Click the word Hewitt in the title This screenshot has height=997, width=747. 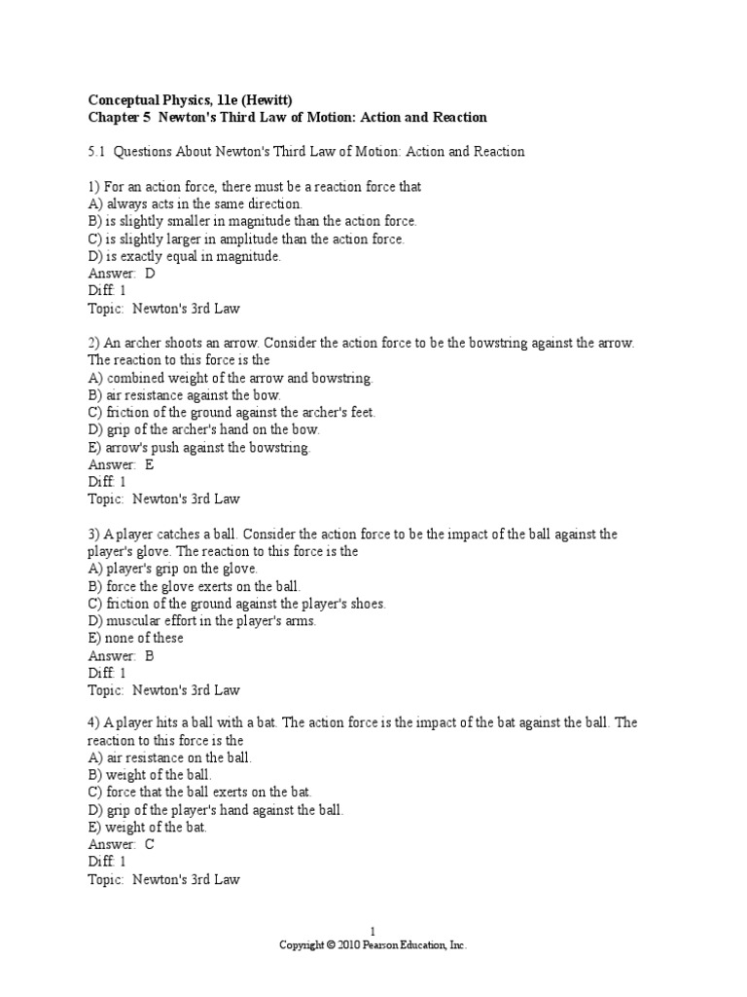tap(265, 100)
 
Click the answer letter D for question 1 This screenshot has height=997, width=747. tap(150, 275)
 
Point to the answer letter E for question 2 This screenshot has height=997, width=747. tap(150, 464)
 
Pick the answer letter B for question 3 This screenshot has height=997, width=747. tap(150, 656)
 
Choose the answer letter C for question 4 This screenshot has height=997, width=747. tap(150, 845)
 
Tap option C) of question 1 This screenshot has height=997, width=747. tap(95, 240)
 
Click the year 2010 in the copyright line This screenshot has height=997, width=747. tap(351, 945)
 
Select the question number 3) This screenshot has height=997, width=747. tap(93, 535)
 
